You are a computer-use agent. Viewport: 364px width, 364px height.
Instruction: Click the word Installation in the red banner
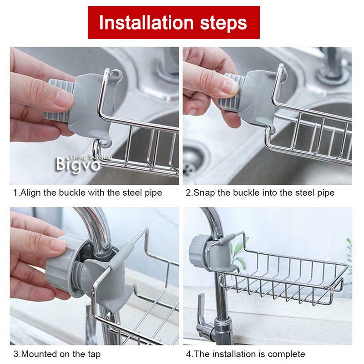click(145, 22)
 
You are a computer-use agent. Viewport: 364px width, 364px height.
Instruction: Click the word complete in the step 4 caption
click(286, 354)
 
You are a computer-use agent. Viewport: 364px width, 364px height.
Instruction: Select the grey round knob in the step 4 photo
click(197, 246)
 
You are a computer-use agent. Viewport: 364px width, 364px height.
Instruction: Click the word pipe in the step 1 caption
click(153, 192)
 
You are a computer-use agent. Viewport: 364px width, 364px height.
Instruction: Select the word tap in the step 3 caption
click(94, 354)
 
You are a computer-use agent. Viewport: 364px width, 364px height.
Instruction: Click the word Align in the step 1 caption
click(31, 192)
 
